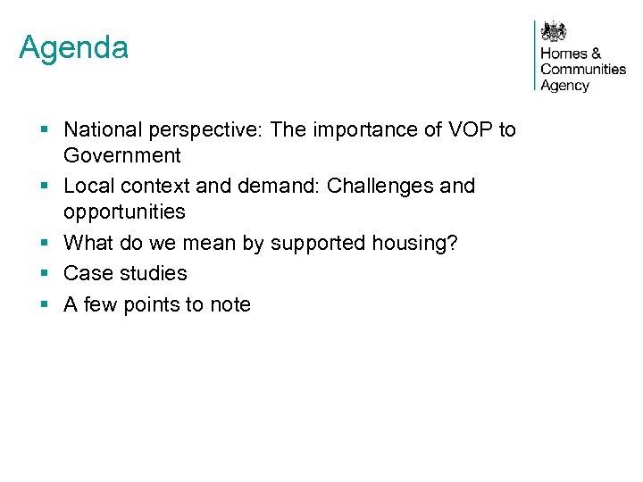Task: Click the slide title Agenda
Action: (x=73, y=47)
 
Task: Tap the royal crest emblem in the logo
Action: (x=555, y=32)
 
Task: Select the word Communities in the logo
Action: (x=583, y=70)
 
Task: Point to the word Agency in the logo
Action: (x=564, y=86)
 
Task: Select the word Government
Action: (x=121, y=155)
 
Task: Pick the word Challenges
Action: (x=380, y=187)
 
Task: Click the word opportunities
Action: (x=124, y=212)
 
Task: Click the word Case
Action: (x=86, y=273)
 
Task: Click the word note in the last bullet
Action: (x=230, y=304)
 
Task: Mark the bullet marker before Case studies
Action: (x=43, y=273)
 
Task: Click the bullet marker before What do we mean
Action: (x=43, y=243)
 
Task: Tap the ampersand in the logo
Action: (x=597, y=54)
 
